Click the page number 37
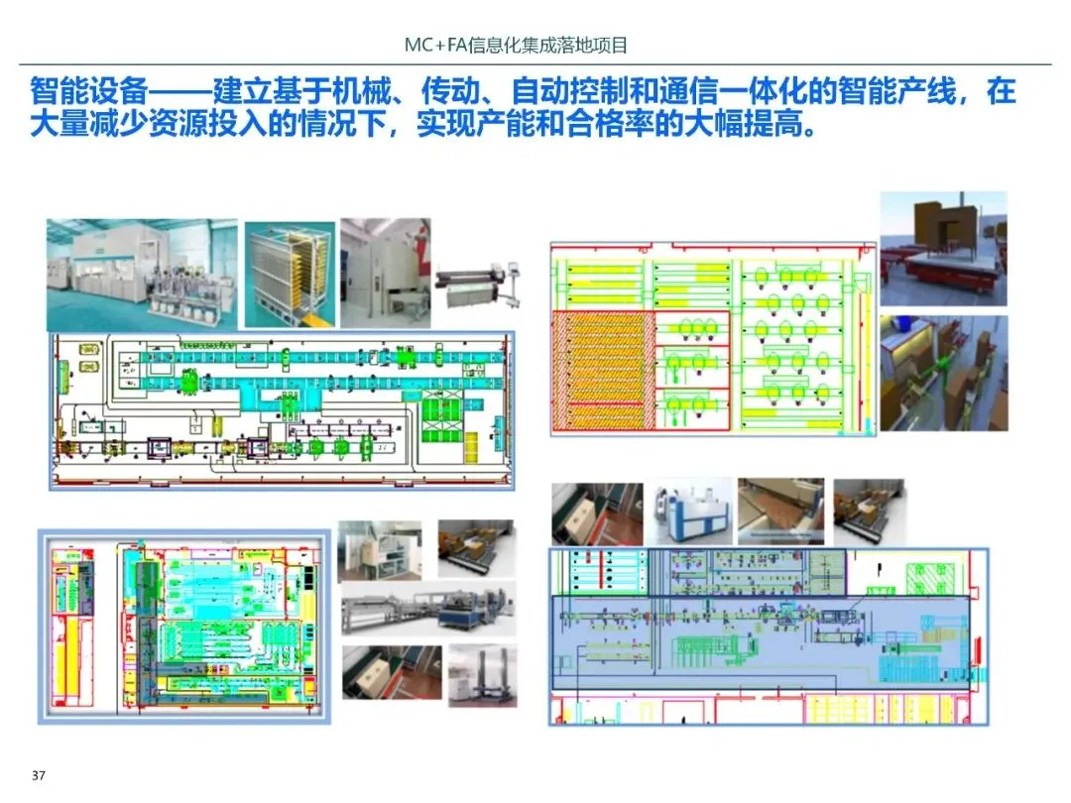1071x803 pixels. coord(40,774)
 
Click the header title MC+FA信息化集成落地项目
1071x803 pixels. coord(517,45)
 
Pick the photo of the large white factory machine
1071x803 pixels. coord(142,275)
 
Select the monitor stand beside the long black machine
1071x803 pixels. coord(519,270)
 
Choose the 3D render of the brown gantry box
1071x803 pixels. coord(943,248)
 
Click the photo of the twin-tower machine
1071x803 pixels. coord(483,675)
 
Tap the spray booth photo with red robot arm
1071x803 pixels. coord(385,273)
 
